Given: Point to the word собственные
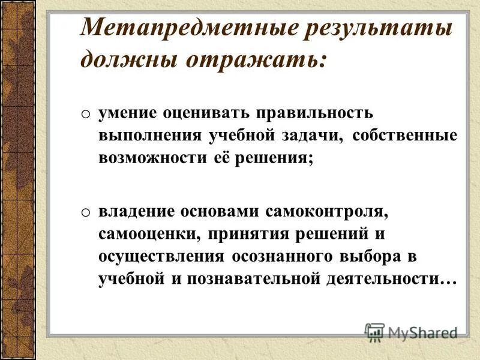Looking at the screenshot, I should click(405, 136).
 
